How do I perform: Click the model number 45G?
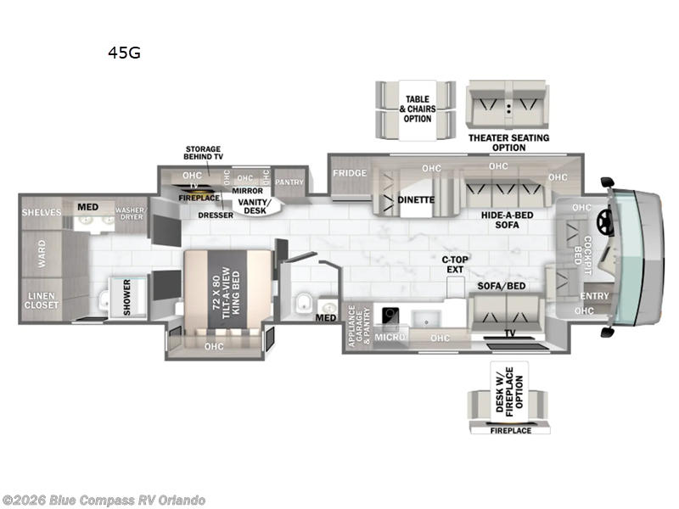124,53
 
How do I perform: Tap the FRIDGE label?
350,174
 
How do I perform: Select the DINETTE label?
416,200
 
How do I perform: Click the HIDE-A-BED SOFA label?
507,221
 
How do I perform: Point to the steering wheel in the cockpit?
604,221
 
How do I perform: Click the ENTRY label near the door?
595,295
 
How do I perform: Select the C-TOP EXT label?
455,265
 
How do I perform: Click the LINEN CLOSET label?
42,299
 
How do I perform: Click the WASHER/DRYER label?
132,213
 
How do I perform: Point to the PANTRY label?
289,182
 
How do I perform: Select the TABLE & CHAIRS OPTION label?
418,109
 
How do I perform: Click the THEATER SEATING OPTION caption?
508,143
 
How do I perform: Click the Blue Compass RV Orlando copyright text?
104,501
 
